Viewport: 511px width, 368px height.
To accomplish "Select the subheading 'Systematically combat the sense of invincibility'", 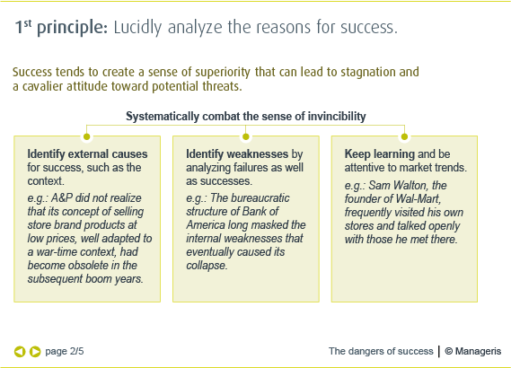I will point(245,117).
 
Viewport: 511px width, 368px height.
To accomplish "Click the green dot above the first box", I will point(86,136).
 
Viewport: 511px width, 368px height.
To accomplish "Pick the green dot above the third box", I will point(404,136).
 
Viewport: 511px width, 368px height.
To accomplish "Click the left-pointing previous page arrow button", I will point(20,351).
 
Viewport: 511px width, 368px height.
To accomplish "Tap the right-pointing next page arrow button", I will point(35,351).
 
